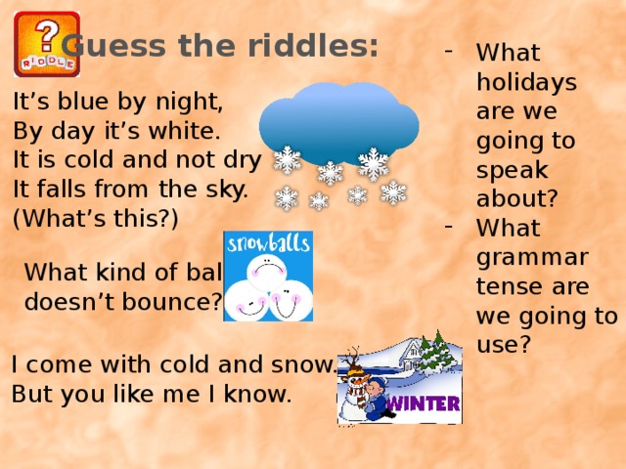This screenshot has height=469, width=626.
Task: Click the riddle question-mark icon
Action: (47, 44)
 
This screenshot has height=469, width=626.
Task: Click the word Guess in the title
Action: (113, 46)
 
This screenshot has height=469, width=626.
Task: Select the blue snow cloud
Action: (339, 124)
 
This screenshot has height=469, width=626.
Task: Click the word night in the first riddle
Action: (189, 102)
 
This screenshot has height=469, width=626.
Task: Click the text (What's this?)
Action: (96, 218)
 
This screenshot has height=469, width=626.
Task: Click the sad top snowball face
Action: (267, 272)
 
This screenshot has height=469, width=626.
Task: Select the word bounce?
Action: (172, 302)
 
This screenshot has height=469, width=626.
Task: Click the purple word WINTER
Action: (424, 404)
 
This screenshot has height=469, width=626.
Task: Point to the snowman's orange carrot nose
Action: (361, 380)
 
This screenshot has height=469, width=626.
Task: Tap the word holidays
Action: (526, 83)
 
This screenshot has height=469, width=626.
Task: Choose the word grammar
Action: (532, 258)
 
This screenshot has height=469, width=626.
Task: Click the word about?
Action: (517, 197)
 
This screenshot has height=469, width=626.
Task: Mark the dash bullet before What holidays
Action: (449, 51)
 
